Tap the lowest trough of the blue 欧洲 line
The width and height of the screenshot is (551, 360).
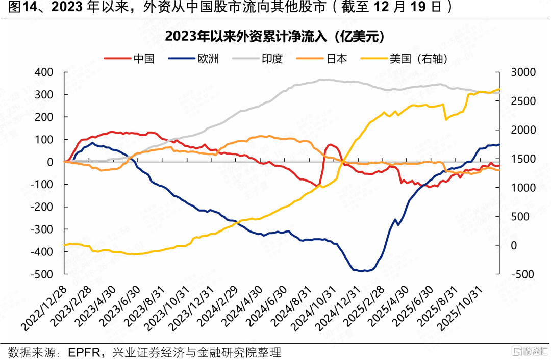click(x=362, y=271)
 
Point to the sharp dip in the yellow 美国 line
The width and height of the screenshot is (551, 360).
click(x=446, y=119)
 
